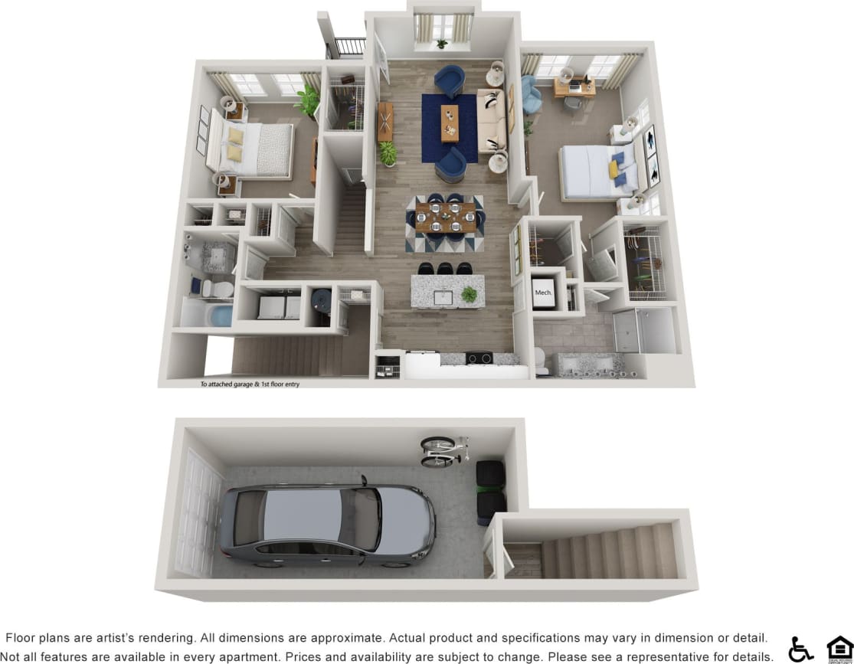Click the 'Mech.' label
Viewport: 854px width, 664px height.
(x=543, y=293)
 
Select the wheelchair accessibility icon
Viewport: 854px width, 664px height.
(x=800, y=649)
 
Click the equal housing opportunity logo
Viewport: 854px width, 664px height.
(x=839, y=648)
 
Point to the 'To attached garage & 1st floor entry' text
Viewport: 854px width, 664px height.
(x=250, y=384)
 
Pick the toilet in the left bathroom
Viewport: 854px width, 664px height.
(x=220, y=288)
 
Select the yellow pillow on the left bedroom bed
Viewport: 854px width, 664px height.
(x=236, y=136)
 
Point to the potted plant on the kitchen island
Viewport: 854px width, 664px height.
(x=468, y=294)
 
